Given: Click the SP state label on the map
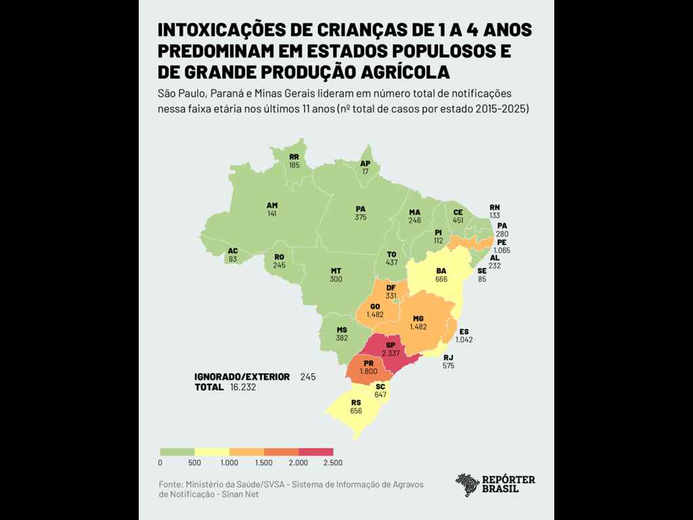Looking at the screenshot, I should click(390, 345).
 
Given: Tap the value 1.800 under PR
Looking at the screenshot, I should click(368, 371).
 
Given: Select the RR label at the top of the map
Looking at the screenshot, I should click(294, 156).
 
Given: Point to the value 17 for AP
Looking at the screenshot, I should click(365, 172).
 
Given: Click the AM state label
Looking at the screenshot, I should click(272, 205).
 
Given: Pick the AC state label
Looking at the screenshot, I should click(233, 251).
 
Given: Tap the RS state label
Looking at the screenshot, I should click(356, 402).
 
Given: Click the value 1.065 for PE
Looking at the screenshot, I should click(501, 251).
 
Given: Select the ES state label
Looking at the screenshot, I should click(464, 331).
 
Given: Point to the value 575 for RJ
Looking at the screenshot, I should click(448, 366).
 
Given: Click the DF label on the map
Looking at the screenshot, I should click(390, 288).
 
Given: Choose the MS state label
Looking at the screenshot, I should click(342, 330).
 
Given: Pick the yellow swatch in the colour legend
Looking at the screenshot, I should click(212, 452).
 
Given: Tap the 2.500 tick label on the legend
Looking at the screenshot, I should click(333, 463).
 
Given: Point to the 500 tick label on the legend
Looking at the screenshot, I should click(195, 463).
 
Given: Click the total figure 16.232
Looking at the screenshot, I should click(243, 387).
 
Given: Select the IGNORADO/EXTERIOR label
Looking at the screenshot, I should click(242, 376).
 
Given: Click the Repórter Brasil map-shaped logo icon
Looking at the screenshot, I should click(468, 485).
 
